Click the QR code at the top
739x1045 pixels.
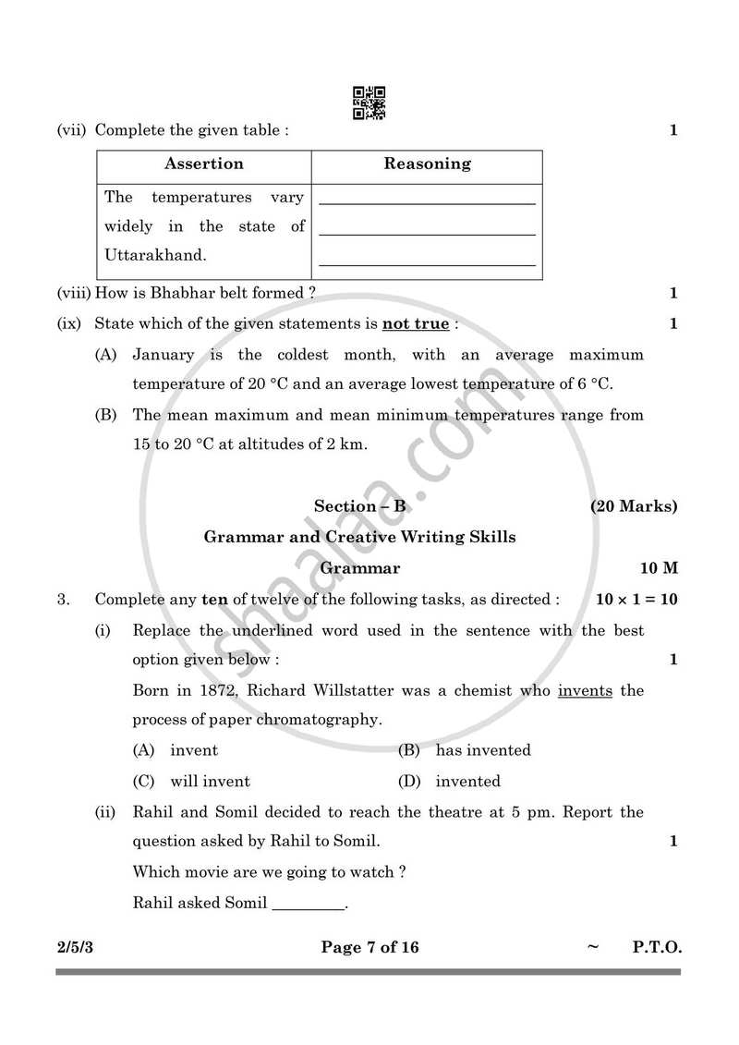point(369,103)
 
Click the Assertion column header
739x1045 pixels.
point(204,164)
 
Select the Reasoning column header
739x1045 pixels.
point(427,164)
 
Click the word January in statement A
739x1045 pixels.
point(164,355)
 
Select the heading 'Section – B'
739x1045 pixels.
point(359,506)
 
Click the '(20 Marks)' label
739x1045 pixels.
point(634,506)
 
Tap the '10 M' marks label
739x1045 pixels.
point(659,568)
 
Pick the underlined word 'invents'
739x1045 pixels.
point(585,691)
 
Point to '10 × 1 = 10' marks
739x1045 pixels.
point(636,600)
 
